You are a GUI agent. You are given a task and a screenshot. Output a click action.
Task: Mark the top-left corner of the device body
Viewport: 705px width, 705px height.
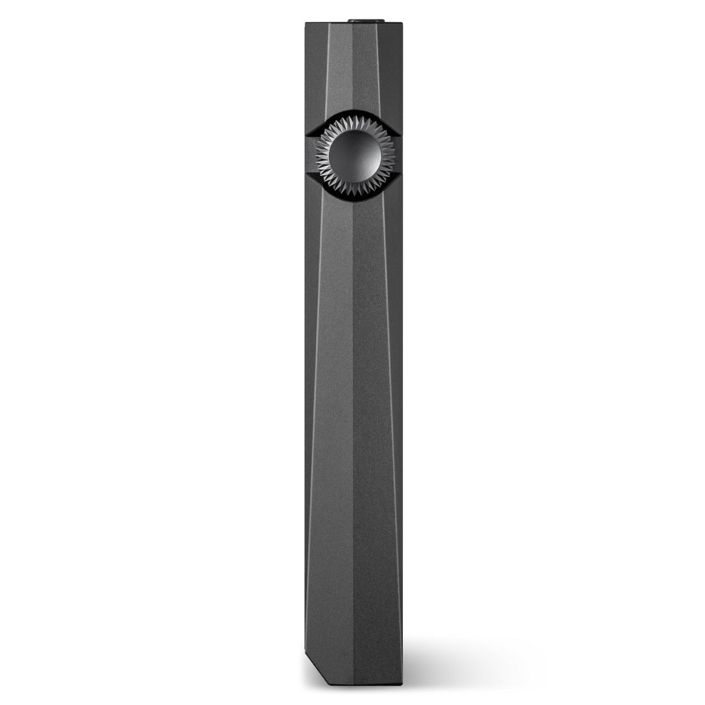click(x=306, y=24)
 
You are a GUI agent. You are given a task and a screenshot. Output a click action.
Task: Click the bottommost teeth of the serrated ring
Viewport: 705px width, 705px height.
click(x=353, y=188)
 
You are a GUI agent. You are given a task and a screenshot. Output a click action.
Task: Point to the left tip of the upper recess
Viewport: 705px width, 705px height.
click(x=308, y=133)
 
